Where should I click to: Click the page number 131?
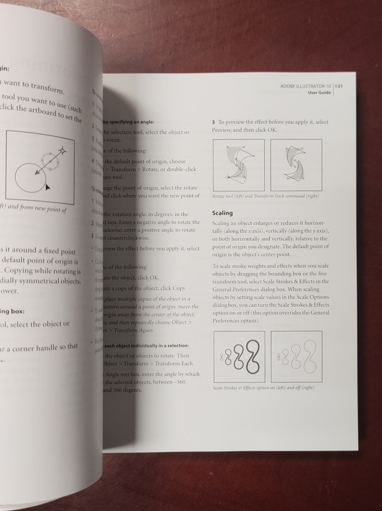coord(338,86)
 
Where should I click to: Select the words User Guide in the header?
coord(319,93)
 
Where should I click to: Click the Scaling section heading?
coord(222,213)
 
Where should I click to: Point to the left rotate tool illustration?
coord(238,165)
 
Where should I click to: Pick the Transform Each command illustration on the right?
coord(296,165)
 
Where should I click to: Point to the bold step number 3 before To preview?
coord(213,122)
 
